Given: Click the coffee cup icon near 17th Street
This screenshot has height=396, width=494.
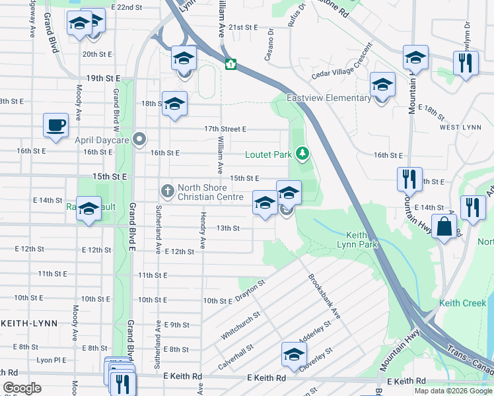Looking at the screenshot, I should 55,124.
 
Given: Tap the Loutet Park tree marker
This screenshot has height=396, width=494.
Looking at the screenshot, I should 302,154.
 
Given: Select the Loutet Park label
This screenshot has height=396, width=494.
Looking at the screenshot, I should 268,155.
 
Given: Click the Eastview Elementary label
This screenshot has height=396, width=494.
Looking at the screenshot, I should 329,98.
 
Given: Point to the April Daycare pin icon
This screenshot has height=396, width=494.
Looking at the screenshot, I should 139,139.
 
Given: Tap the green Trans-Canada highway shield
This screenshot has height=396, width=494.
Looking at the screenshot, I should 231,64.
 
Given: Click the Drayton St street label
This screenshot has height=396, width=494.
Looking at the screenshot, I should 251,291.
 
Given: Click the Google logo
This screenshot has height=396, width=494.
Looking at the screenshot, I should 22,388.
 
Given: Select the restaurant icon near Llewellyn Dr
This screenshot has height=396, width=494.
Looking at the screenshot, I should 466,63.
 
